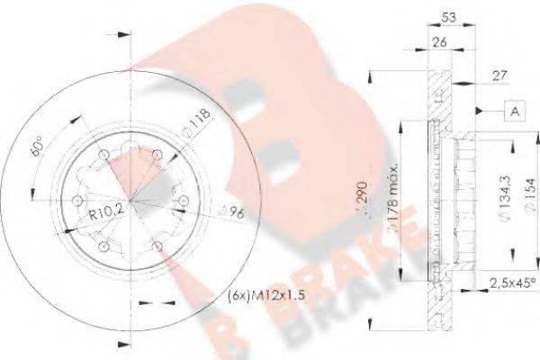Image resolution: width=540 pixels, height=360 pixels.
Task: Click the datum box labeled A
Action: click(x=514, y=112)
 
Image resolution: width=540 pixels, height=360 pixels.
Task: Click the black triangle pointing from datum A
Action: click(x=481, y=112)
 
